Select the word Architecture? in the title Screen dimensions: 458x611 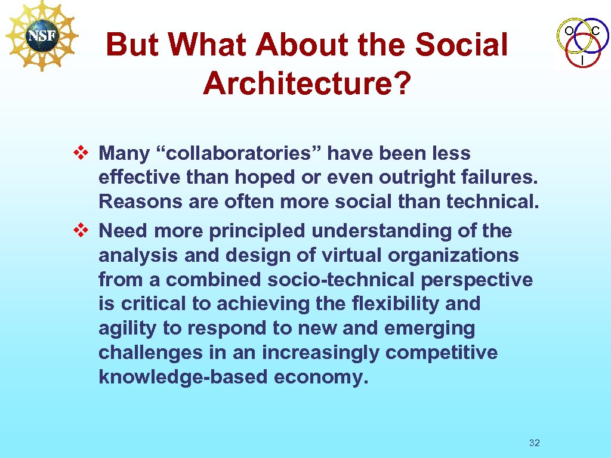pyautogui.click(x=307, y=84)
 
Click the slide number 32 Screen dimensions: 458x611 pyautogui.click(x=535, y=442)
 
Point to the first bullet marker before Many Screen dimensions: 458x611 pyautogui.click(x=82, y=153)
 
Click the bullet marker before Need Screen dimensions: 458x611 pyautogui.click(x=82, y=230)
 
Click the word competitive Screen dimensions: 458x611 pyautogui.click(x=441, y=353)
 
